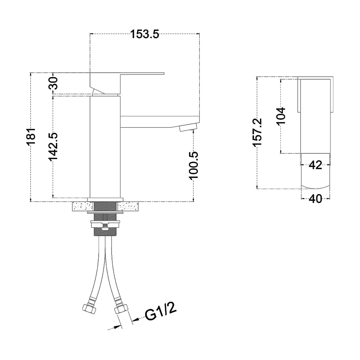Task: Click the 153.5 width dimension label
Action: [145, 34]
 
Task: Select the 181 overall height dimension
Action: [31, 137]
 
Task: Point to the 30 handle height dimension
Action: [53, 83]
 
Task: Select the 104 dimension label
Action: [281, 116]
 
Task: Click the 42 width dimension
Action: [315, 165]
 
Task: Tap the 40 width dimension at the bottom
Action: [315, 199]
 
